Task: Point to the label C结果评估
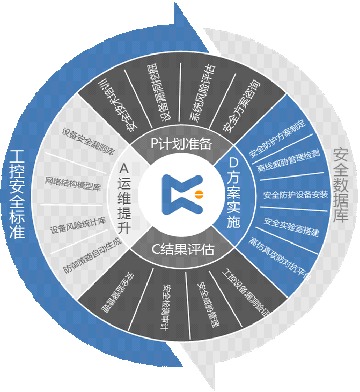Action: coord(181,247)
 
